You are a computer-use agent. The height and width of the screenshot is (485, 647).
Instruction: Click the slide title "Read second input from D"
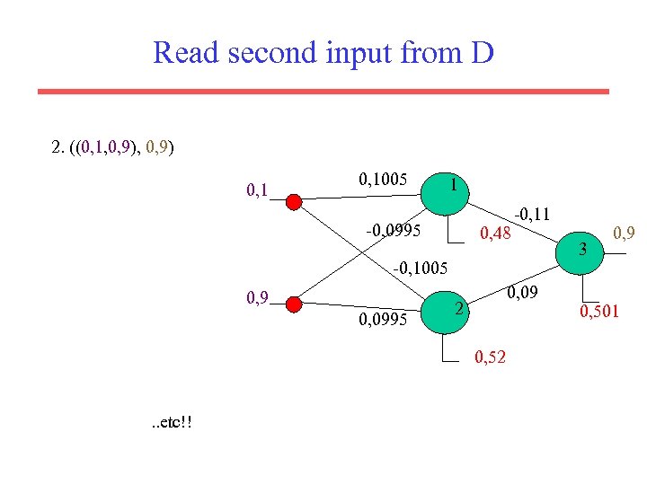(323, 53)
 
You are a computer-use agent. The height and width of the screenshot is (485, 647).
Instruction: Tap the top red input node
(294, 200)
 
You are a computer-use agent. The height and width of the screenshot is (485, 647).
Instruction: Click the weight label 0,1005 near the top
(385, 179)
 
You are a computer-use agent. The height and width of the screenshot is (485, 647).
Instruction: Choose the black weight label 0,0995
(384, 319)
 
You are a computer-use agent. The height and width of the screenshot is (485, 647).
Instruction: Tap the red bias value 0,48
(495, 234)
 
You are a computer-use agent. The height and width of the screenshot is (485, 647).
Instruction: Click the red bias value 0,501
(598, 312)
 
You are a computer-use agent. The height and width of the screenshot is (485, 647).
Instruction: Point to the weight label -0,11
(531, 213)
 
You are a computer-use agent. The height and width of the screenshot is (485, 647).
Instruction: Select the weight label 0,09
(522, 291)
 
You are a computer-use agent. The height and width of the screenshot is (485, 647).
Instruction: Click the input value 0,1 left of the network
(259, 190)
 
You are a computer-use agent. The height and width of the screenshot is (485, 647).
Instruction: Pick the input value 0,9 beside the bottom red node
(259, 297)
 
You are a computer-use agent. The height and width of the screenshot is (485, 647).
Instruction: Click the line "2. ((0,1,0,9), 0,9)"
(114, 146)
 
